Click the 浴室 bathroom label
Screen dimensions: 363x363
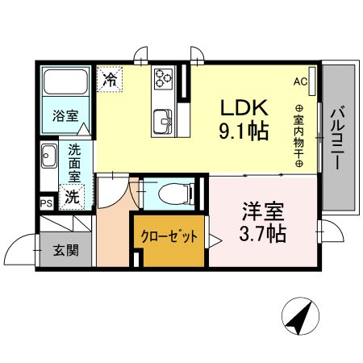click(x=65, y=115)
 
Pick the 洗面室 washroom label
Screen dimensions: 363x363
click(x=74, y=161)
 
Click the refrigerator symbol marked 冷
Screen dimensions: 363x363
click(x=109, y=79)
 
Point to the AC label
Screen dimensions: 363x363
click(x=300, y=81)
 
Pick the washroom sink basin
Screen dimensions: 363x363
click(x=48, y=153)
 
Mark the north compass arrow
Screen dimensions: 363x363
click(x=300, y=316)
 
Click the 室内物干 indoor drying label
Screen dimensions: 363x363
click(x=298, y=137)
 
